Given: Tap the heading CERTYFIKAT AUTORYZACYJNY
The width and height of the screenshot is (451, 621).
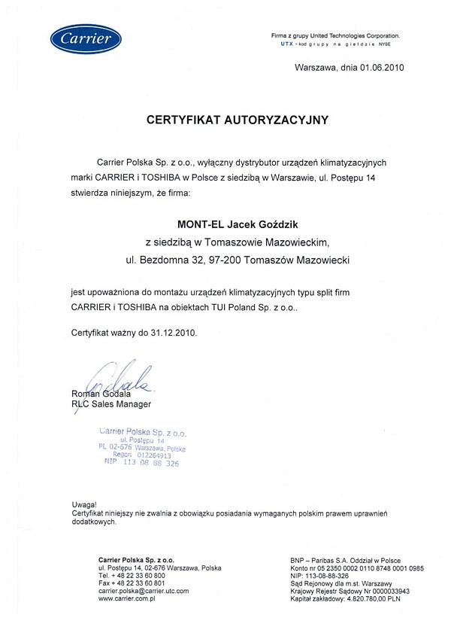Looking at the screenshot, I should (238, 120).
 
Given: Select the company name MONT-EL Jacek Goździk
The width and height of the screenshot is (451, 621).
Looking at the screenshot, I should (237, 223).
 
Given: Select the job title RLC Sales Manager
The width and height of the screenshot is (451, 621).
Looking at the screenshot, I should (110, 404).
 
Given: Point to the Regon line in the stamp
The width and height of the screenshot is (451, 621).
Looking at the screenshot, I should (142, 455).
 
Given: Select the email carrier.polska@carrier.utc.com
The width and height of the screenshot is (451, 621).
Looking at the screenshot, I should (144, 591).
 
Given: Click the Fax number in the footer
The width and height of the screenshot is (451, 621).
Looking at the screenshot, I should (132, 583).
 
